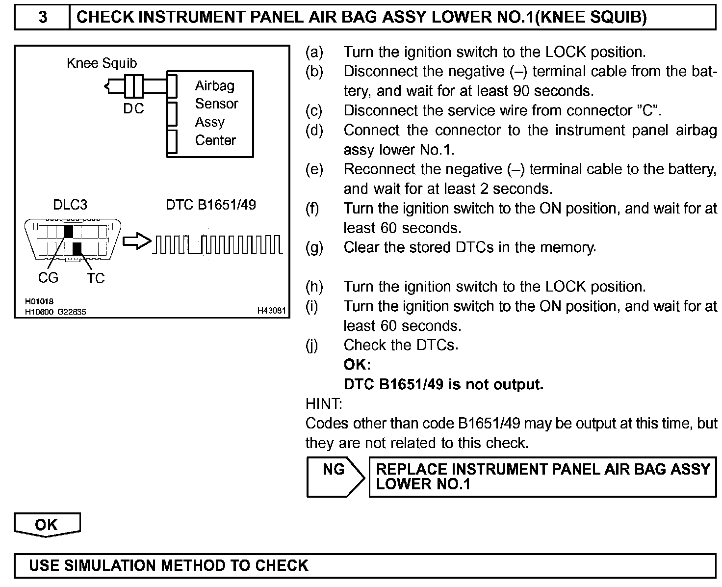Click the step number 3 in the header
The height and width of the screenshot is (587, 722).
[43, 17]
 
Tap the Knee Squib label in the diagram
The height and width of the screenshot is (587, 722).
[102, 63]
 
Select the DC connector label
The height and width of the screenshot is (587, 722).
[133, 108]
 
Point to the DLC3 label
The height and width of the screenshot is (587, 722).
[70, 205]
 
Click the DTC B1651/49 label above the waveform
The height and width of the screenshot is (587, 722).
[211, 205]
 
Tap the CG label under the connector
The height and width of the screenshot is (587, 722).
[48, 278]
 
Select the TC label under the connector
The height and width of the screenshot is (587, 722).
[96, 278]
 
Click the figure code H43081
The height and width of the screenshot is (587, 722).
[271, 311]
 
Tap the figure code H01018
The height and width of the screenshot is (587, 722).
[39, 301]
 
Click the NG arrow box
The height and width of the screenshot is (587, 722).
[335, 477]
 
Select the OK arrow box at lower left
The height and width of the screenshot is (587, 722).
[47, 525]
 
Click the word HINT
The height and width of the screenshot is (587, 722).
[324, 404]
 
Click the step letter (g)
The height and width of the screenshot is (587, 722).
[314, 247]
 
